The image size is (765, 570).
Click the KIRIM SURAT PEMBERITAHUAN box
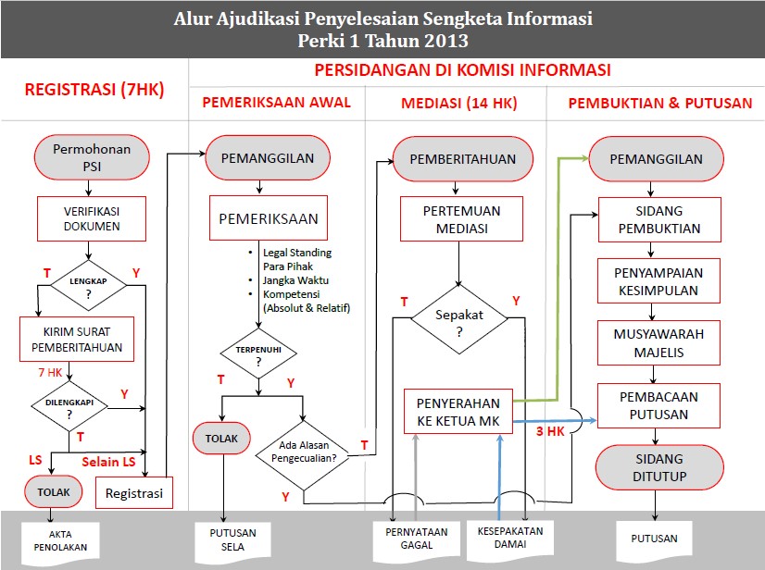pyautogui.click(x=77, y=340)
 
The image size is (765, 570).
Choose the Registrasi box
pyautogui.click(x=134, y=492)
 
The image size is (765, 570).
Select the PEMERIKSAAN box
pyautogui.click(x=268, y=218)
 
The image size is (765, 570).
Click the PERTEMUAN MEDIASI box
pyautogui.click(x=456, y=219)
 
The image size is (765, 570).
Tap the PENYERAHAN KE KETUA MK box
pyautogui.click(x=458, y=412)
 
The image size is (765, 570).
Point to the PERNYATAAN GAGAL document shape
pyautogui.click(x=417, y=539)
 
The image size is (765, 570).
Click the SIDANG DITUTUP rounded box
pyautogui.click(x=658, y=466)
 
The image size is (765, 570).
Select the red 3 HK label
pyautogui.click(x=551, y=431)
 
